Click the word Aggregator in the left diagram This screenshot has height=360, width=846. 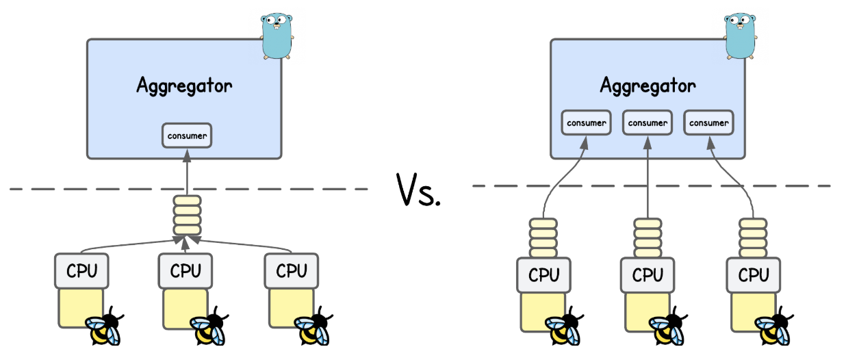point(184,86)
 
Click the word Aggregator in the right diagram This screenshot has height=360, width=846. point(648,86)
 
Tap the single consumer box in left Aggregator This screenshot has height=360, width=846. point(187,136)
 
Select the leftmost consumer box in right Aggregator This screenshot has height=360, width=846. point(586,123)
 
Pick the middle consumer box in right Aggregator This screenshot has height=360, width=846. point(647,123)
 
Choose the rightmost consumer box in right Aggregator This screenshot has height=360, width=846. point(708,123)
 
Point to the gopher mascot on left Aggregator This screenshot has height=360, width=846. point(277,34)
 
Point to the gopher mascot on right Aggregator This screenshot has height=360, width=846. point(741,34)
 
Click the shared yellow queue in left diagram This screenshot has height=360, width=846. point(187,216)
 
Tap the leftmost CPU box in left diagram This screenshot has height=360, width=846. point(81,271)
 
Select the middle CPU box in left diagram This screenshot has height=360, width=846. point(186,271)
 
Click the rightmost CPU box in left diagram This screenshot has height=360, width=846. point(292,271)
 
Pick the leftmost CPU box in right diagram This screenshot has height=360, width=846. point(544,275)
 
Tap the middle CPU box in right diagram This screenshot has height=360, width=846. point(648,275)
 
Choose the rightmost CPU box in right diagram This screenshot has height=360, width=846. point(754,275)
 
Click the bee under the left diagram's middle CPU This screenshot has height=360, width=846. point(209,329)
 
